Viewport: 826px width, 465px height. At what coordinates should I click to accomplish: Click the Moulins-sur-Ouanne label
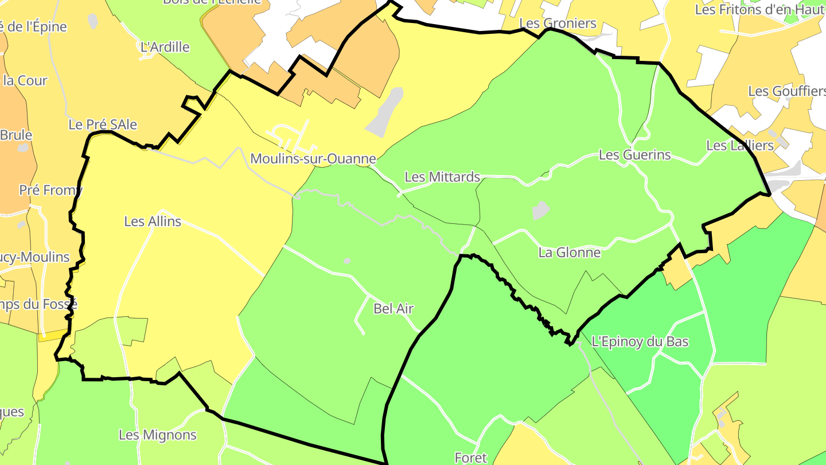point(313,159)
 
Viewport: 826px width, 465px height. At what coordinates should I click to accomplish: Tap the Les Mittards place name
point(442,177)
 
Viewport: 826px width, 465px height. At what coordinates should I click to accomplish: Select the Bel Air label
point(393,308)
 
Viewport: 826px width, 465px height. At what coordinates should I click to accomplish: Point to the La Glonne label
point(570,252)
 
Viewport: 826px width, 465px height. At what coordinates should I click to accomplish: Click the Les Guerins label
point(634,155)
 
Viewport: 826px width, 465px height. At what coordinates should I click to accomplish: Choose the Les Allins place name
point(153,221)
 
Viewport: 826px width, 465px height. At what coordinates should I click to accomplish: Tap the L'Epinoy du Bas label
point(640,342)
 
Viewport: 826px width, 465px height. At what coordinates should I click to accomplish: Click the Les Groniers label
point(558,24)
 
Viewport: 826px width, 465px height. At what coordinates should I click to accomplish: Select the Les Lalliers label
point(740,145)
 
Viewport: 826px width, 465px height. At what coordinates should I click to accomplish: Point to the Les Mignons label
point(158,435)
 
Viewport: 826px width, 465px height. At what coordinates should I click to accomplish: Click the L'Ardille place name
point(165,47)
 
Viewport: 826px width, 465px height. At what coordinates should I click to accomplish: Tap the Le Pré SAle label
point(103,124)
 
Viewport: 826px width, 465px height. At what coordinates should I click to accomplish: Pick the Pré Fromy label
point(50,190)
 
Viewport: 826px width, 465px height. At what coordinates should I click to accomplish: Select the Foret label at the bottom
point(470,458)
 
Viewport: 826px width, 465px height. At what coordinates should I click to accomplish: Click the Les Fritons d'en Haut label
point(759,10)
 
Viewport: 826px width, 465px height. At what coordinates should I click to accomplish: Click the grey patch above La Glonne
point(540,210)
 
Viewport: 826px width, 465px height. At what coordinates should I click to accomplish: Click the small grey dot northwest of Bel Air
point(347,261)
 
